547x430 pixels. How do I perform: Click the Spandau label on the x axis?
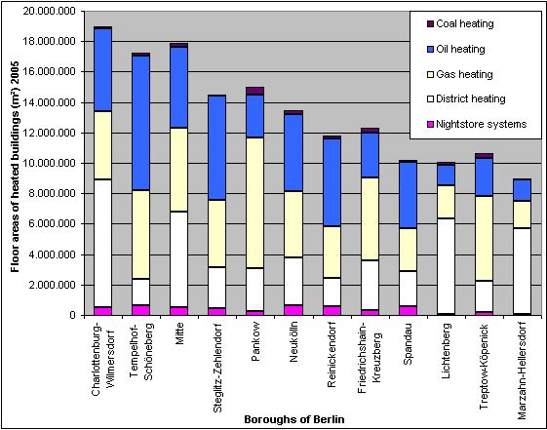coord(408,346)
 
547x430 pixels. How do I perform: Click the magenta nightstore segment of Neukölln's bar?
coord(293,310)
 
